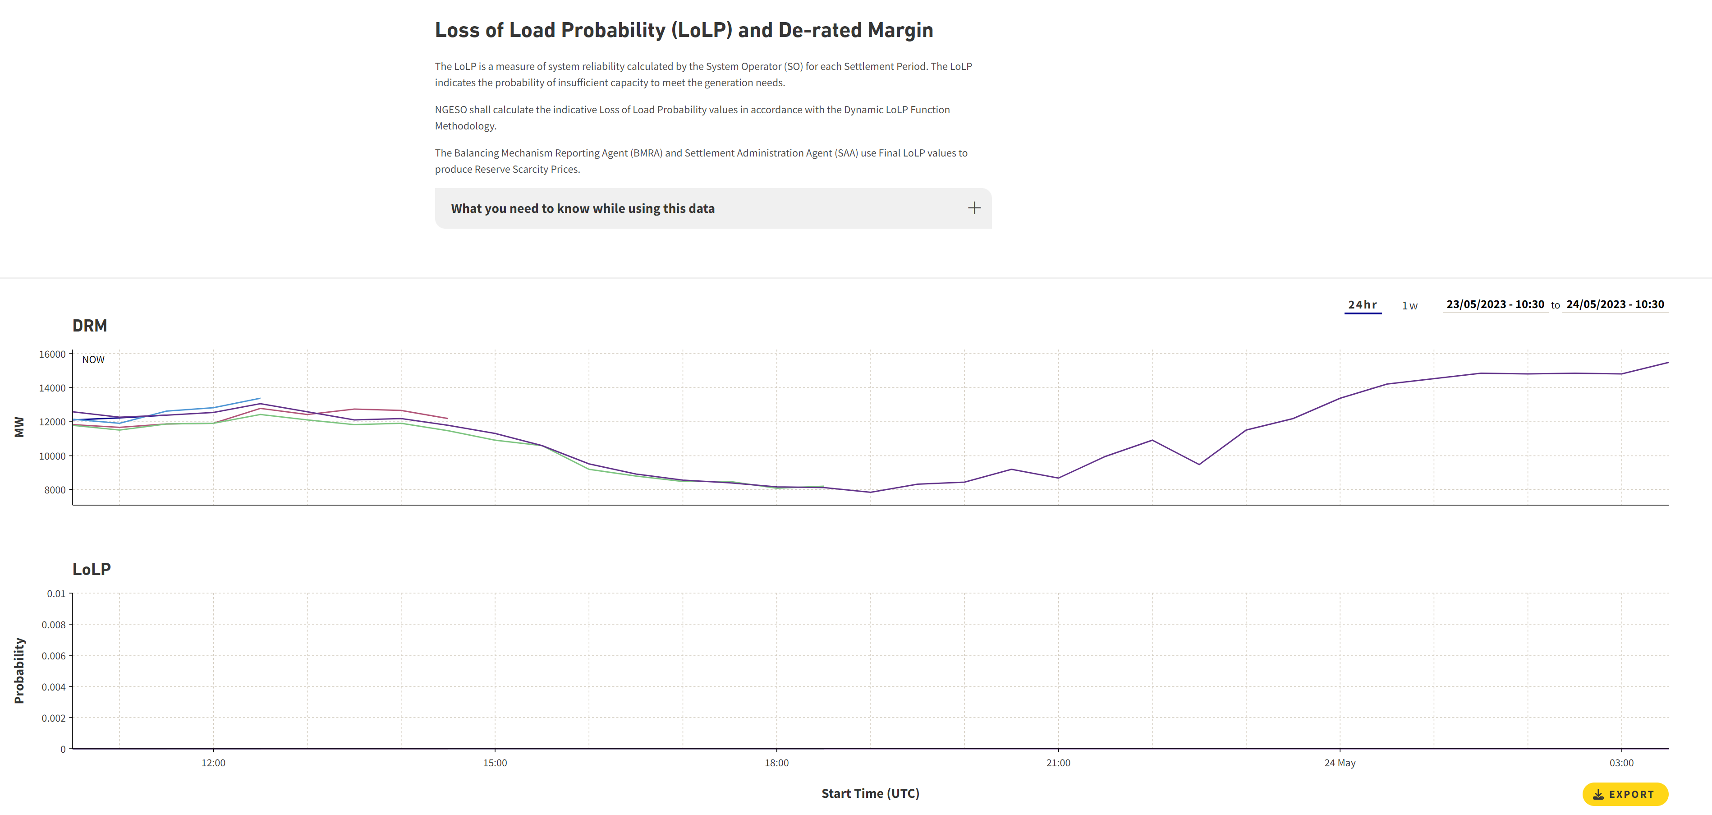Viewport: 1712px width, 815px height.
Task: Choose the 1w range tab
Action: point(1409,306)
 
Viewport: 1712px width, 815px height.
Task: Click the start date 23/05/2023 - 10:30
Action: point(1495,304)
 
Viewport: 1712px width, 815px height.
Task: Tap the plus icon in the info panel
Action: point(973,208)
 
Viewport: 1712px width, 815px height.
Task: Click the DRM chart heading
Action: point(90,326)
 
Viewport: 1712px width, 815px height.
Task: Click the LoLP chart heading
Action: point(92,569)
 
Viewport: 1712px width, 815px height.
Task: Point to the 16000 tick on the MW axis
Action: point(52,355)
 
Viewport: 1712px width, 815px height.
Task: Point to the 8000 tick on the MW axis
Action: point(55,490)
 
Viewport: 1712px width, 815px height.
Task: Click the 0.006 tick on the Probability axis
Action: point(54,655)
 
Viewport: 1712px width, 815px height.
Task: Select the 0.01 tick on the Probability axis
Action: point(56,594)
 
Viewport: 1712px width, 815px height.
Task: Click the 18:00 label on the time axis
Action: point(776,763)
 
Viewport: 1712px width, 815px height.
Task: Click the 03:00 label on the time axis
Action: point(1621,763)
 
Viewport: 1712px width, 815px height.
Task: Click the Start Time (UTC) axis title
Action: point(870,793)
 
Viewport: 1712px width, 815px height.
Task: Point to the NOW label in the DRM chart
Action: point(93,359)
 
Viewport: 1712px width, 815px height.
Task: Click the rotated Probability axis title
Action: point(19,670)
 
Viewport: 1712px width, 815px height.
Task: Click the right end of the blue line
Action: point(259,399)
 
